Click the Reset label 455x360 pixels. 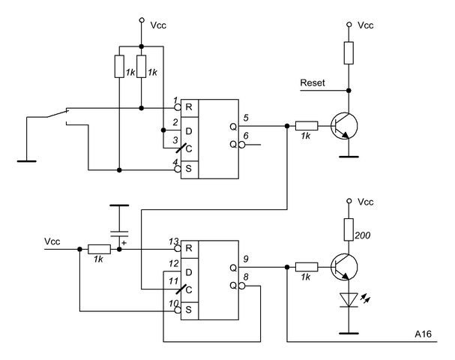312,82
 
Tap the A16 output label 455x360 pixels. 424,332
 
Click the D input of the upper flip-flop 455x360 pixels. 190,130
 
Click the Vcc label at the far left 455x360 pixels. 52,241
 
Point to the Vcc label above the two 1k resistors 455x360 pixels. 157,24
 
